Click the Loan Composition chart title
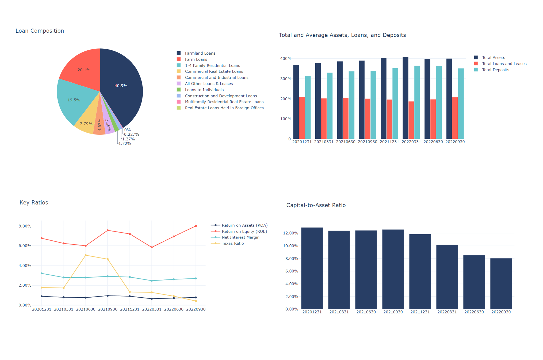pos(40,31)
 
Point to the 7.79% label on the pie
pos(86,124)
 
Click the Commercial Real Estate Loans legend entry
pos(214,71)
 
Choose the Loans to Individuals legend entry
pos(204,90)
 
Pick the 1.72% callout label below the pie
pos(125,144)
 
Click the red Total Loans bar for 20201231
pos(302,118)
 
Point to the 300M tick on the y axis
pos(285,79)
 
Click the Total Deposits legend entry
pos(495,70)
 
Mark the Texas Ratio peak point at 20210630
pos(86,255)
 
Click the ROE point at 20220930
pos(196,226)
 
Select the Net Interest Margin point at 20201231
pos(42,274)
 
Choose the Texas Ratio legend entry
pos(232,244)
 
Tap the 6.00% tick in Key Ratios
pos(25,246)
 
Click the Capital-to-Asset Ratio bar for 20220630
pos(474,282)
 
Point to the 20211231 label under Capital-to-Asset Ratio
pos(420,312)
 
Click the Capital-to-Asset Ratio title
pos(316,205)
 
